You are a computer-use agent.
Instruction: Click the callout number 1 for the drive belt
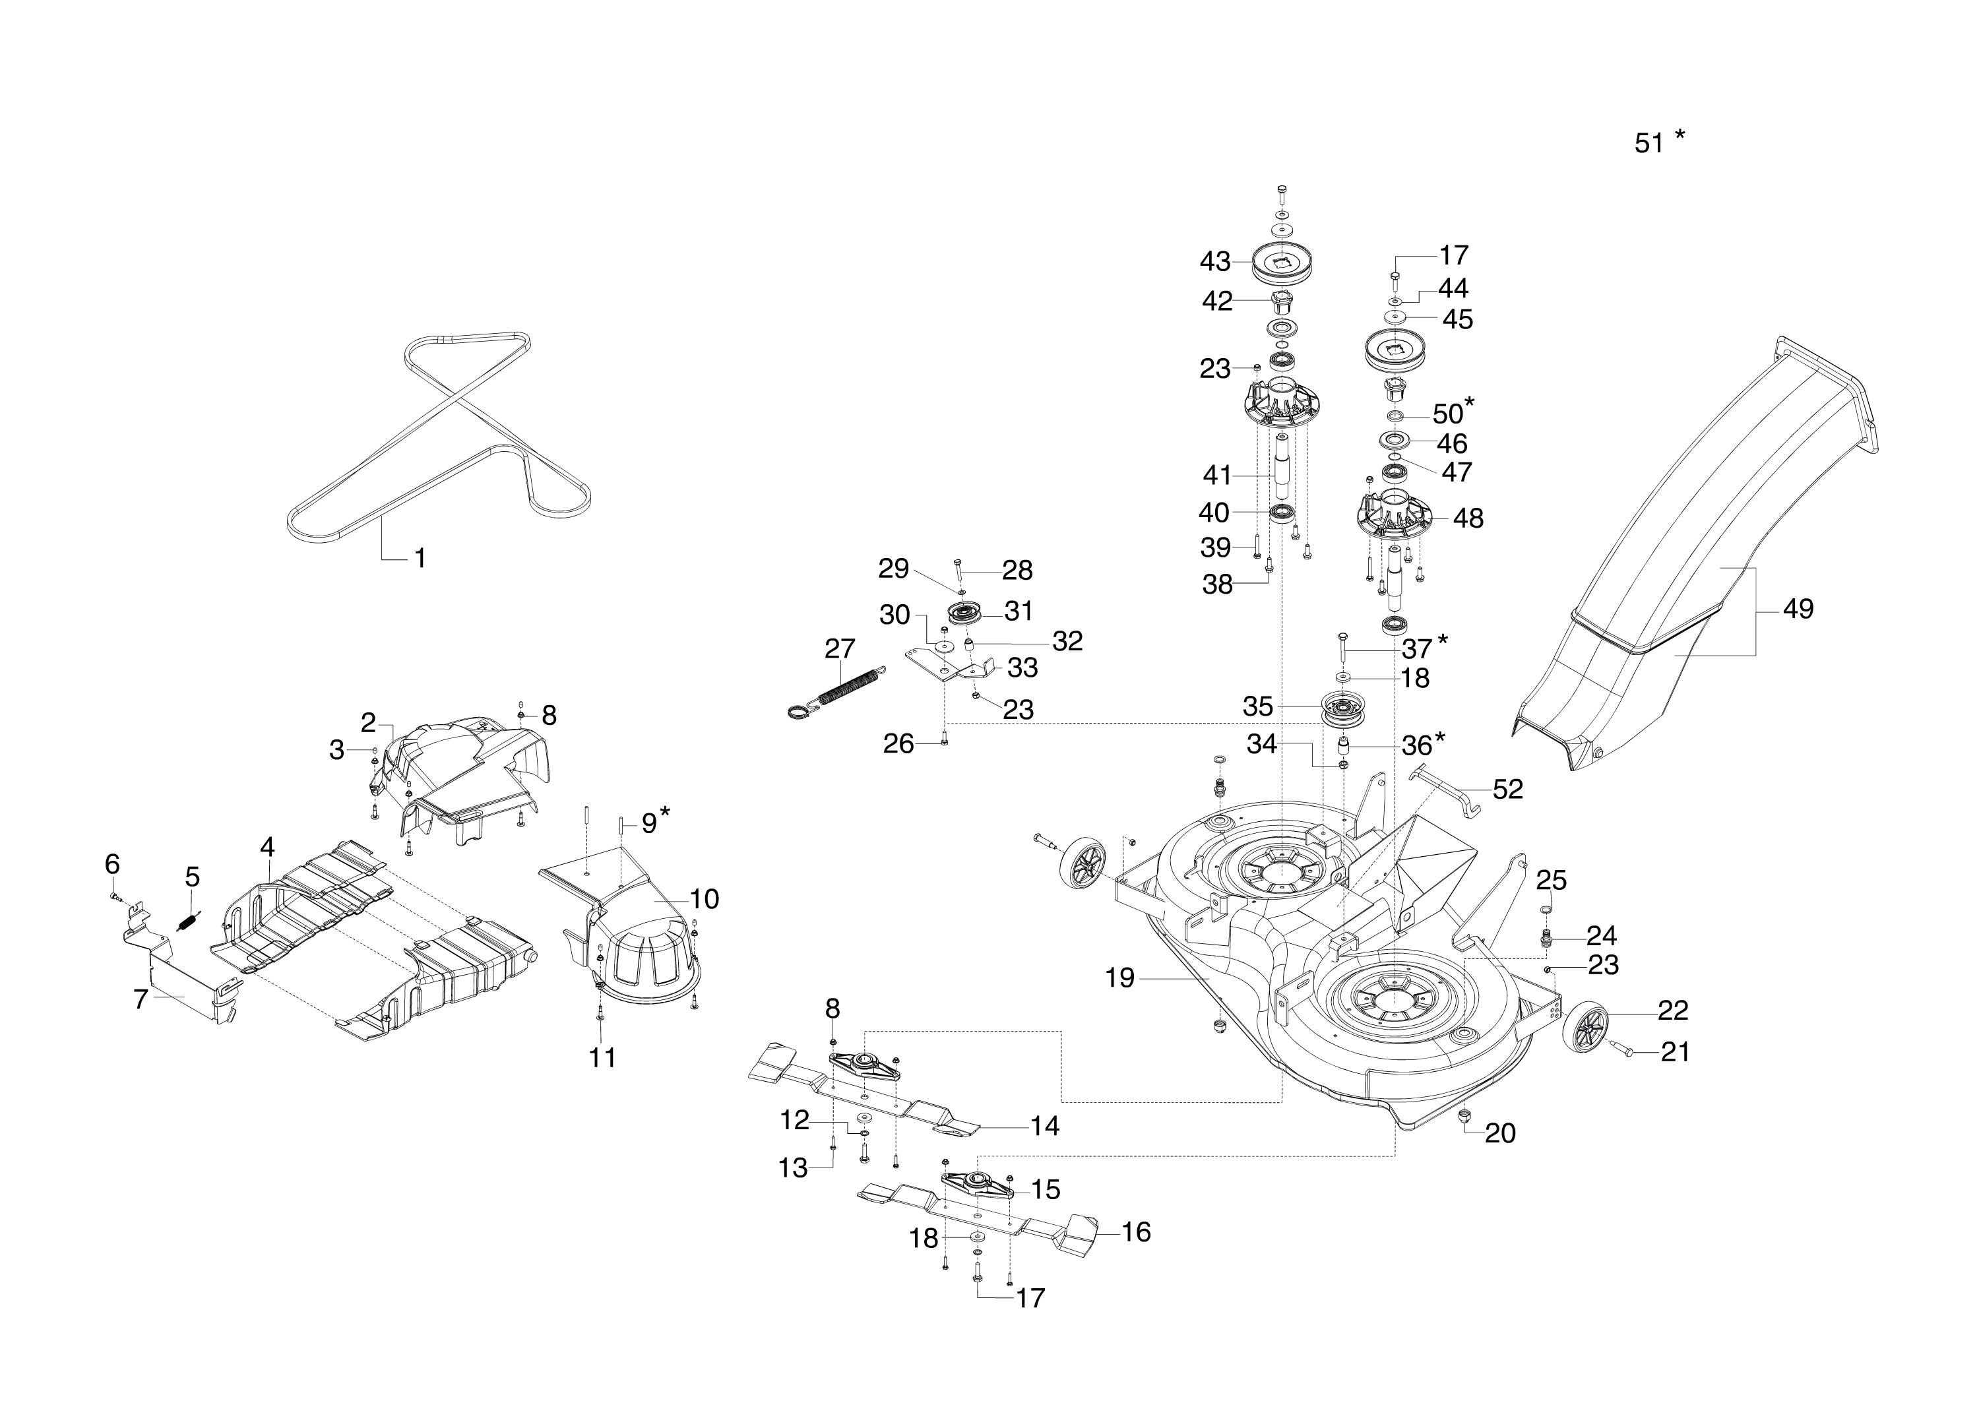420,559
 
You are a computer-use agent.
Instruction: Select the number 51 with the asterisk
1649,143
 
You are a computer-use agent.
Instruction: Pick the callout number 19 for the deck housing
1119,978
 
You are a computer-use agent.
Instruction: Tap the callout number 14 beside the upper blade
1045,1126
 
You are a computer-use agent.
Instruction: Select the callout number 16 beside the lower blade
1136,1233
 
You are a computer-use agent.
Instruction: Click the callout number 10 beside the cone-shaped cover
704,899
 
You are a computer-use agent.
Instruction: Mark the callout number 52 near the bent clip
1508,790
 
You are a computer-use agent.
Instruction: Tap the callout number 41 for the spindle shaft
1217,476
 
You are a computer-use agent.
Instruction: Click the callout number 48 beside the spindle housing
1468,518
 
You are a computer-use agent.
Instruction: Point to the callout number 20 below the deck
1500,1133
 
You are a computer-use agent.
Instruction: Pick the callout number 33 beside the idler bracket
1023,668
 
